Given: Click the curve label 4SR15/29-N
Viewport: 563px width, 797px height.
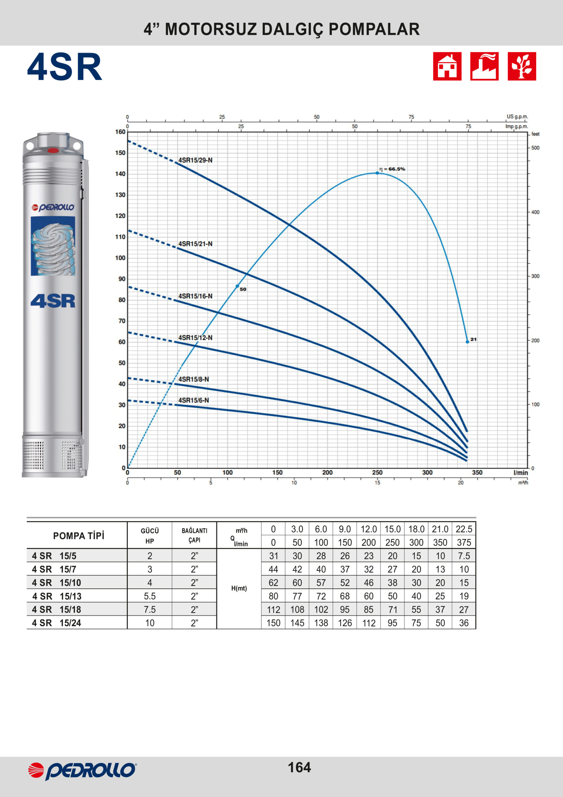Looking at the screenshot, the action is pyautogui.click(x=195, y=160).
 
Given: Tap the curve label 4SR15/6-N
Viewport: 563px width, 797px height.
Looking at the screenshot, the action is pyautogui.click(x=193, y=400).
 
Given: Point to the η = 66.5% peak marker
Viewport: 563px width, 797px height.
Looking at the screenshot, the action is pyautogui.click(x=377, y=173).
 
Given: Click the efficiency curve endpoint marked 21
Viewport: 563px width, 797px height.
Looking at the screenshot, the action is pyautogui.click(x=467, y=342).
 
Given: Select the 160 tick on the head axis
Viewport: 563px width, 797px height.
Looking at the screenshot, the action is pyautogui.click(x=120, y=132).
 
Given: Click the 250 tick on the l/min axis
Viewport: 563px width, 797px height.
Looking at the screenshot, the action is pyautogui.click(x=377, y=472).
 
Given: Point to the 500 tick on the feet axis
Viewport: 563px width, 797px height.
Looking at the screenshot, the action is pyautogui.click(x=535, y=148).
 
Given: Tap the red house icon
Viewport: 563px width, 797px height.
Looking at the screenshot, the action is pyautogui.click(x=447, y=66).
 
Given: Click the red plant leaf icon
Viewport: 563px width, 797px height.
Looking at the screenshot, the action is pyautogui.click(x=522, y=66).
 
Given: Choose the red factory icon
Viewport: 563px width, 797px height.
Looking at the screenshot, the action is pyautogui.click(x=484, y=66).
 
